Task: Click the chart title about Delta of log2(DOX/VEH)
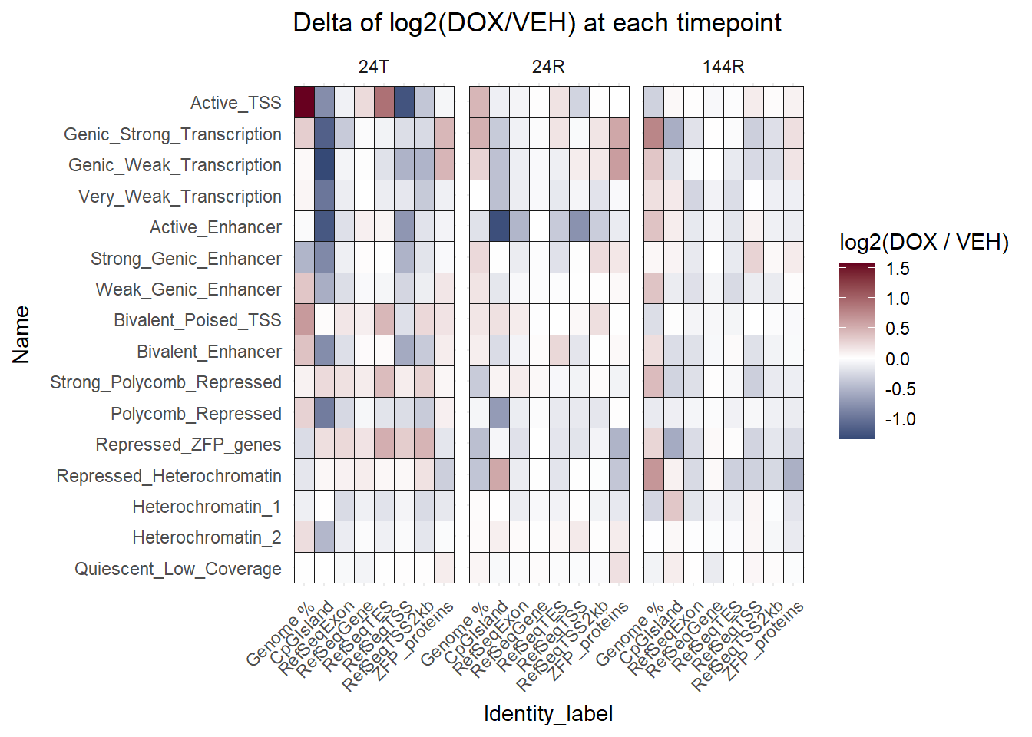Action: pos(537,23)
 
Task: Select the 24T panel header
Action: pos(373,67)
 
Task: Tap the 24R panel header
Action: pos(548,67)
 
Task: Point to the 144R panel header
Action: pos(723,67)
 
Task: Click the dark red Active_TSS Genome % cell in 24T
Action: pos(304,102)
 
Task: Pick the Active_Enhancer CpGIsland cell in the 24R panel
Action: pos(499,226)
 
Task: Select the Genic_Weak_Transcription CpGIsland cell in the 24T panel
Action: pos(324,164)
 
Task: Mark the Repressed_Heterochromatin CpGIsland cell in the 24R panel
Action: pos(499,475)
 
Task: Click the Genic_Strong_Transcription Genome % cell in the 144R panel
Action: pos(653,134)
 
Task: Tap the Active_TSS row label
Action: pos(236,103)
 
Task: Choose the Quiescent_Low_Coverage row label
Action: pos(178,569)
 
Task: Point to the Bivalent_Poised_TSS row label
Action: pos(197,320)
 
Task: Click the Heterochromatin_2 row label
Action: pos(207,537)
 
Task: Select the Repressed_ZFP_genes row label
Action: pos(188,445)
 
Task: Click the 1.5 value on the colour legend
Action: pos(897,269)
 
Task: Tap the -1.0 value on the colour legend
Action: pos(900,419)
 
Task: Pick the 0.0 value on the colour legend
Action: pos(897,359)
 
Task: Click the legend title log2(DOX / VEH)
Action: pos(924,242)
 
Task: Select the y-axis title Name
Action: pos(21,335)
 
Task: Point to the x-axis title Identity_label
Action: pos(548,713)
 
